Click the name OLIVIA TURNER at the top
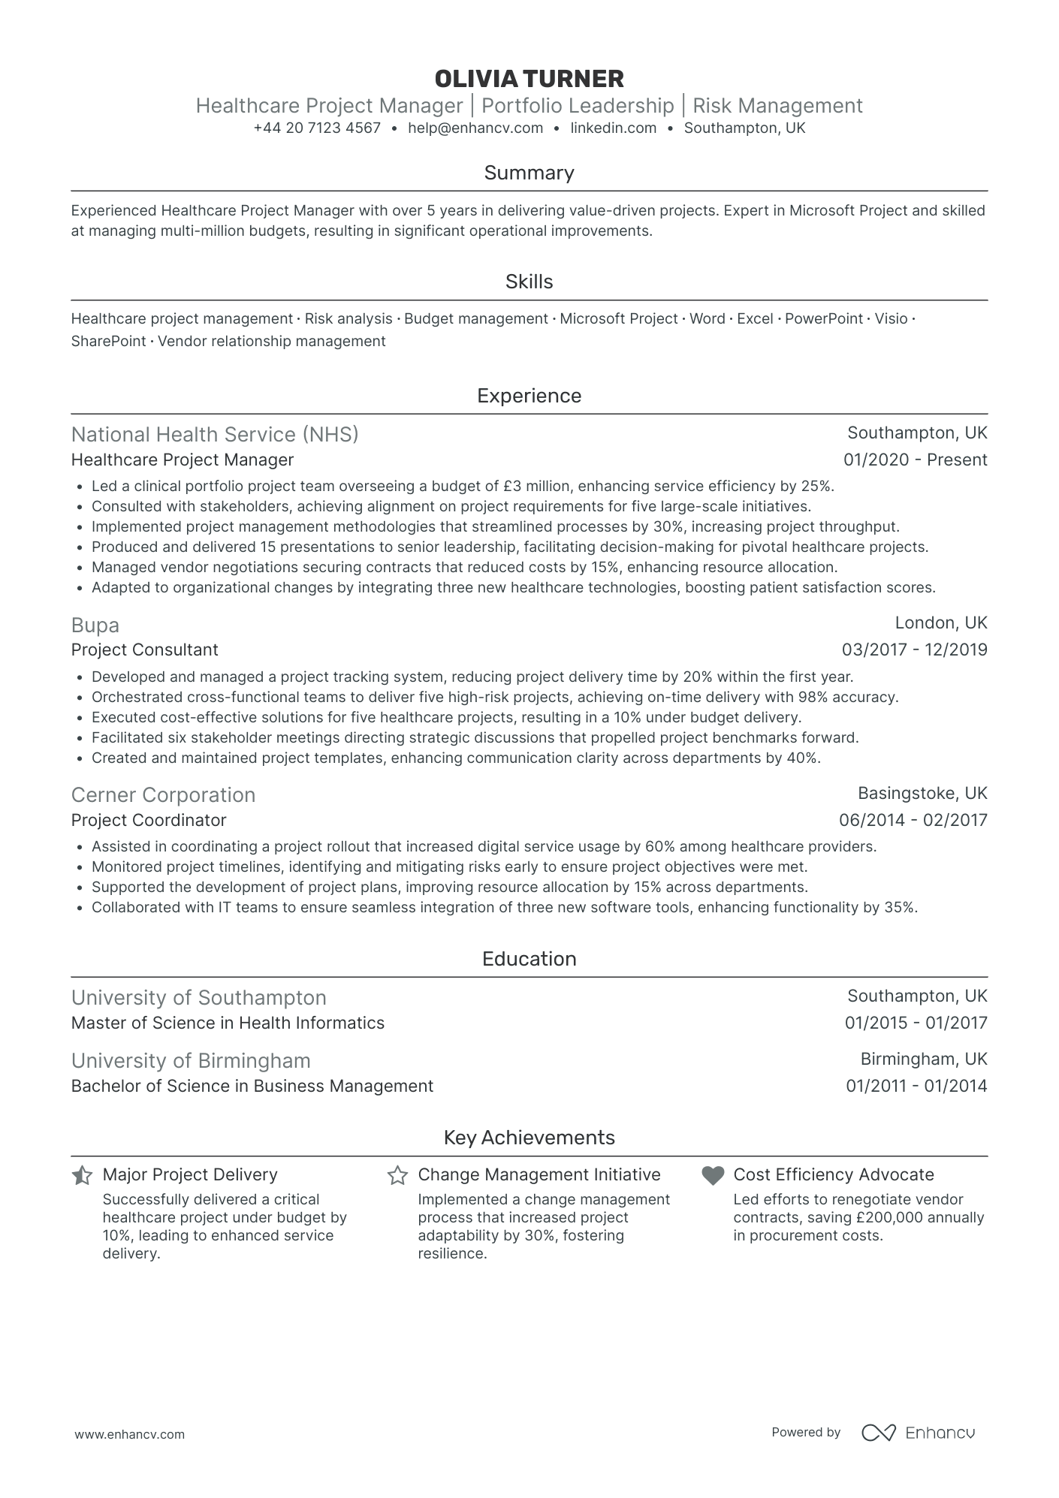[x=529, y=79]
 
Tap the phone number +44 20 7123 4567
[x=317, y=128]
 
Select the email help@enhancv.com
[x=475, y=128]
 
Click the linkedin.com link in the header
[x=613, y=128]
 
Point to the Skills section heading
[x=529, y=282]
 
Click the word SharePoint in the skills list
[x=108, y=342]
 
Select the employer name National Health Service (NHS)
[x=215, y=435]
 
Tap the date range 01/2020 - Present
[x=915, y=460]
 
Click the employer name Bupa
[x=95, y=625]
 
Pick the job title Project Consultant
[x=145, y=650]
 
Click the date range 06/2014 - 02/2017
[x=913, y=821]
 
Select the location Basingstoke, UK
[x=922, y=794]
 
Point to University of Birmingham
[x=191, y=1061]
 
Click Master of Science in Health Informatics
[x=228, y=1023]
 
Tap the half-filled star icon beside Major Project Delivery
[x=82, y=1175]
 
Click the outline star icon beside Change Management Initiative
[x=397, y=1175]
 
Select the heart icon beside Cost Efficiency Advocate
[x=713, y=1175]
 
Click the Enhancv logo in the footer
[x=918, y=1433]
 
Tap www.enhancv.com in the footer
[x=129, y=1434]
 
